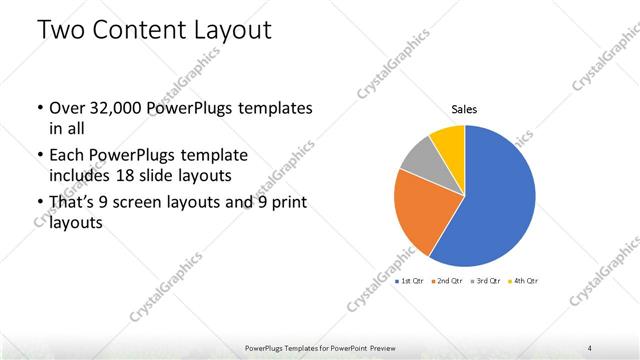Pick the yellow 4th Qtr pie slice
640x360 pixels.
[x=448, y=140]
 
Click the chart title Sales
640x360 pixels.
[x=464, y=109]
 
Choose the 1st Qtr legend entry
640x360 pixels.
[x=410, y=280]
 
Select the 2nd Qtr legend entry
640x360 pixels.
[x=447, y=280]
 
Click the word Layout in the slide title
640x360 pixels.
[x=233, y=30]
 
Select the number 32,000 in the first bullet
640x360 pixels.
[x=113, y=108]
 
